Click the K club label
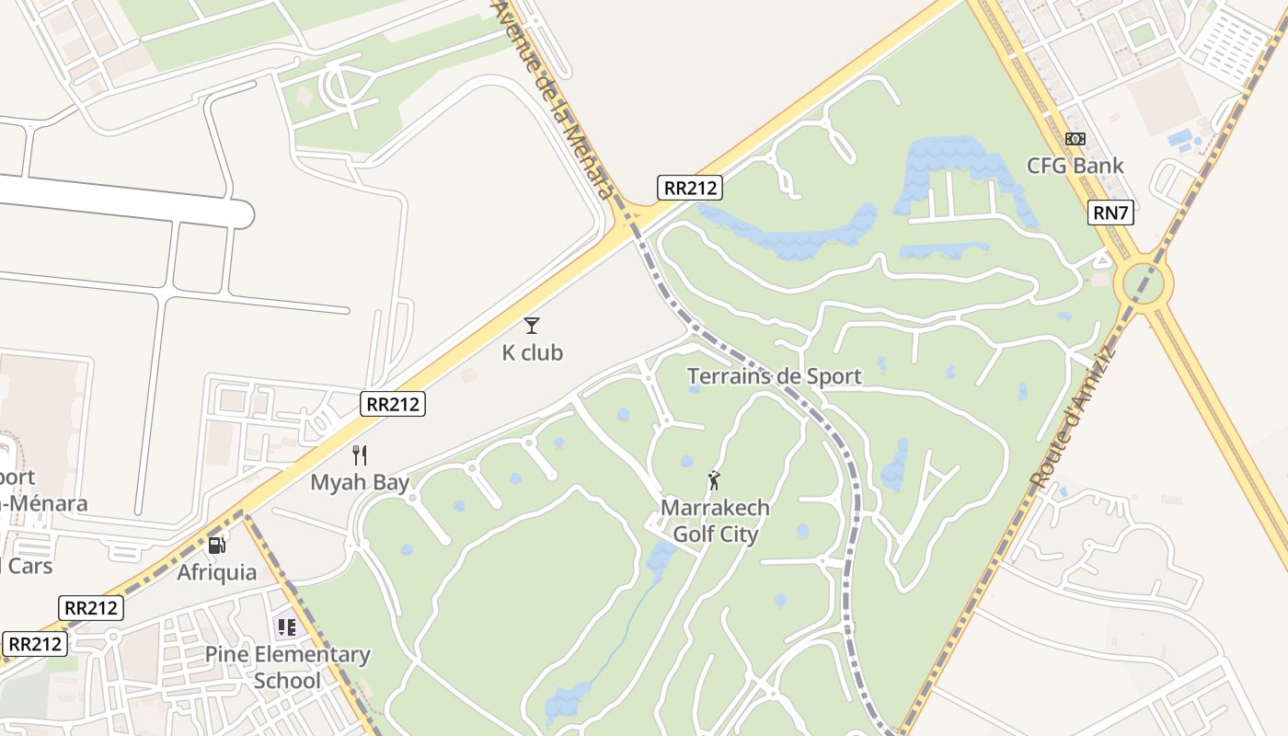532,352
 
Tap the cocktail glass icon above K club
532,325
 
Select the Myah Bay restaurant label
360,482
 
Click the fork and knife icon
360,454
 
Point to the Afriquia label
217,572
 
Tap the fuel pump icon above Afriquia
216,545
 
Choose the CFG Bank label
1075,166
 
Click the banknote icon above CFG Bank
1075,139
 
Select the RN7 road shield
1110,213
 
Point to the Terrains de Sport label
775,375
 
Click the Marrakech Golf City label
716,521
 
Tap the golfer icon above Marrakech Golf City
714,479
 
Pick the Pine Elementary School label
287,667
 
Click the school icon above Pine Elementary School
287,627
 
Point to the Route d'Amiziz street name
1073,417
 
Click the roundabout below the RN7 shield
1144,282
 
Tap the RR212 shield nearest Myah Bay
393,403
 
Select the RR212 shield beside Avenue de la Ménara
691,188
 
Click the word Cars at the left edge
28,565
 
